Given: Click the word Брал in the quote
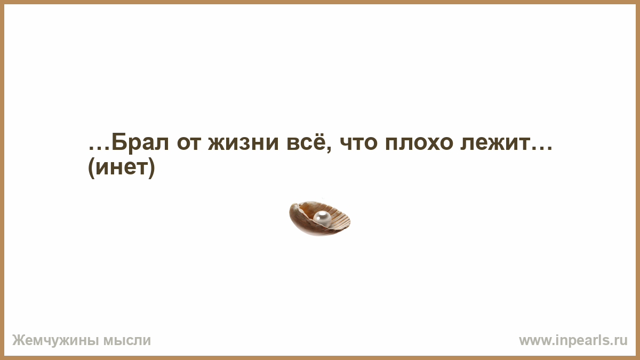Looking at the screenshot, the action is pos(140,142).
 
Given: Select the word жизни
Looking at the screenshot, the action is pos(243,143).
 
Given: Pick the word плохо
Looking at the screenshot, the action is pos(419,143).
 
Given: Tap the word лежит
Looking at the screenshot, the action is pos(495,143).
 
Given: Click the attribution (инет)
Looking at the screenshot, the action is pos(122,167).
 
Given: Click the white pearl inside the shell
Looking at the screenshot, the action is pos(322,219).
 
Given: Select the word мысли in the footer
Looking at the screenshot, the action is pos(127,341).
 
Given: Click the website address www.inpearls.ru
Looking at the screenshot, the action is pos(573,341).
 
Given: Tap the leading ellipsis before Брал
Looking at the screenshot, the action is pos(99,148).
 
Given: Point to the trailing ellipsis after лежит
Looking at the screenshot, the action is pos(541,148).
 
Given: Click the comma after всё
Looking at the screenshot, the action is pos(329,149).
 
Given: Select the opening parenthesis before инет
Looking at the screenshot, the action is pos(91,168).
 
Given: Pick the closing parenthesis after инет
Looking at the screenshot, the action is pos(151,168).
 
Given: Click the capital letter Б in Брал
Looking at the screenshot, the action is pos(119,142).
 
